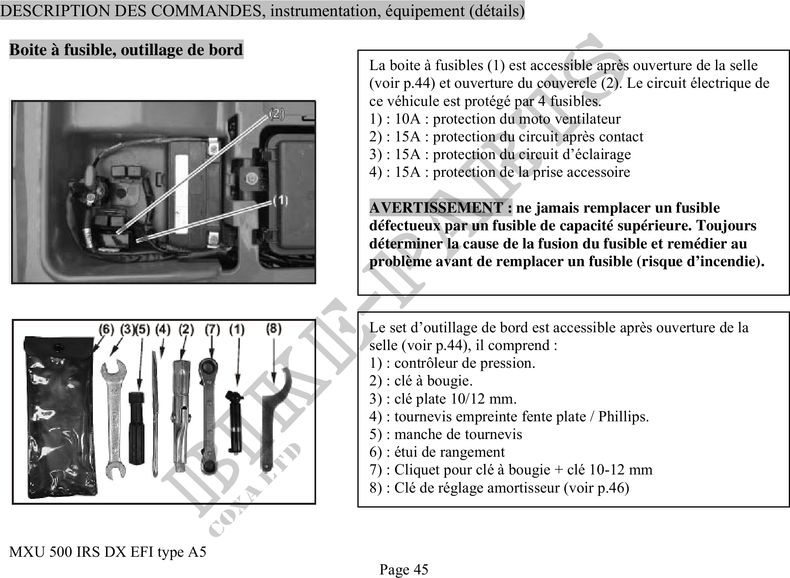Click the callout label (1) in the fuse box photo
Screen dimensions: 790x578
[280, 201]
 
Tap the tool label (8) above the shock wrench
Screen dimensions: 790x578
[274, 328]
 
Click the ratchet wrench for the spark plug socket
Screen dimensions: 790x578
[209, 415]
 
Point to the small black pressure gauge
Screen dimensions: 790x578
[235, 421]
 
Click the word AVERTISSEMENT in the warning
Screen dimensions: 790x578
[440, 207]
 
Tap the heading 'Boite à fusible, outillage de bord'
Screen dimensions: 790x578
[126, 50]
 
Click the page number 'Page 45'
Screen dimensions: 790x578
[403, 569]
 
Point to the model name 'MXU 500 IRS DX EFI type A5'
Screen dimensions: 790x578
[107, 552]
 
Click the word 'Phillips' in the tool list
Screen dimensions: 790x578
[623, 417]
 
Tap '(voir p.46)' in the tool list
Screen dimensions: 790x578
[596, 488]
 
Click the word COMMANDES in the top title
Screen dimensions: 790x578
[205, 11]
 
